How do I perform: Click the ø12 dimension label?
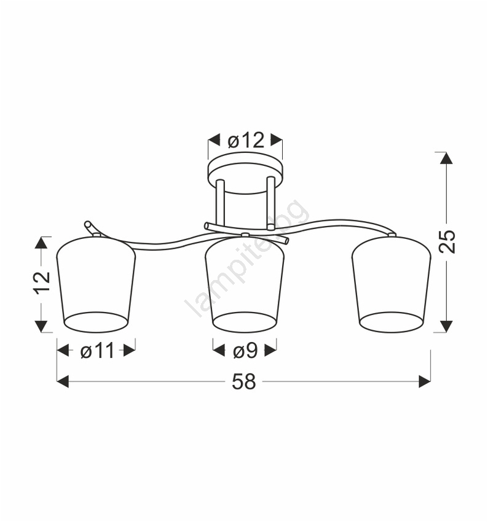pyautogui.click(x=246, y=141)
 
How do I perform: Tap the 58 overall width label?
pyautogui.click(x=244, y=381)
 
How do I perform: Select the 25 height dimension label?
pyautogui.click(x=447, y=241)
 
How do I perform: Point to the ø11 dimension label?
pyautogui.click(x=97, y=351)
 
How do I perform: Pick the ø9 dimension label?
pyautogui.click(x=245, y=351)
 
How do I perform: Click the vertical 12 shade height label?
pyautogui.click(x=42, y=282)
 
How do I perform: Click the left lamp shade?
pyautogui.click(x=96, y=284)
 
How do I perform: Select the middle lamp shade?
pyautogui.click(x=245, y=284)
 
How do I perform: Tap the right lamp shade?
pyautogui.click(x=392, y=284)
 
